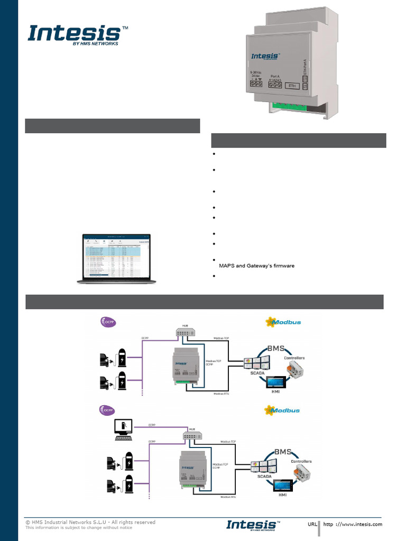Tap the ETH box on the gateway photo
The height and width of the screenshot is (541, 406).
pyautogui.click(x=291, y=86)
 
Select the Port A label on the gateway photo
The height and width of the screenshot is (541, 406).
pyautogui.click(x=275, y=76)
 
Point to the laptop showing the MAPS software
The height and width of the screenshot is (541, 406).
pyautogui.click(x=116, y=259)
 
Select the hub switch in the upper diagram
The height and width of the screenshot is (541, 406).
pyautogui.click(x=186, y=332)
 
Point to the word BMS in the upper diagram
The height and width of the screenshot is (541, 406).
pyautogui.click(x=275, y=349)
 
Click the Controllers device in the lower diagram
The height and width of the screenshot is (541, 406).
pyautogui.click(x=301, y=473)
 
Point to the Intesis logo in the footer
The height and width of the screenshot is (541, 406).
pyautogui.click(x=252, y=524)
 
